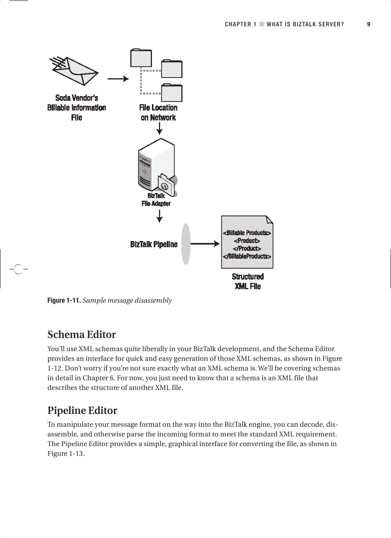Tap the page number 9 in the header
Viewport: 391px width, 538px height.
coord(368,24)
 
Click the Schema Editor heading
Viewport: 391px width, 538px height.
coord(81,334)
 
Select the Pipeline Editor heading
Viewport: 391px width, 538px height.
coord(82,411)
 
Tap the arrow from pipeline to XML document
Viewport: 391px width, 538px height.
coord(205,244)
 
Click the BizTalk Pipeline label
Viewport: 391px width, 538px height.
coord(153,244)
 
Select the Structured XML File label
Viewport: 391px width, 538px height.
coord(247,281)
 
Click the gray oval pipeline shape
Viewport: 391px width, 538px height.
coord(185,244)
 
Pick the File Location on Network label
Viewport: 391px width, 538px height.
coord(158,113)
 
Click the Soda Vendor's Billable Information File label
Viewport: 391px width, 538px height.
coord(76,108)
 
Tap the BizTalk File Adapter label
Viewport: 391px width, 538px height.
coord(156,199)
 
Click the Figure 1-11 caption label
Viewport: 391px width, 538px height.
coord(64,300)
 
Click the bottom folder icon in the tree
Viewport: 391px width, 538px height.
coord(171,92)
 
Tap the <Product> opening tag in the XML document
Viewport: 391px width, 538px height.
coord(247,240)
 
